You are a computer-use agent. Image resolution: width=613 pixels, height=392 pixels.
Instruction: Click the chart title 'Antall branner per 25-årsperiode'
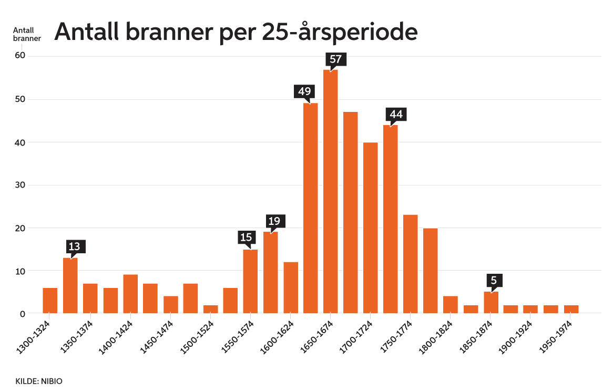tap(236, 33)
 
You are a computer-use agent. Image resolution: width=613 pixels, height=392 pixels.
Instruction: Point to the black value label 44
tap(396, 114)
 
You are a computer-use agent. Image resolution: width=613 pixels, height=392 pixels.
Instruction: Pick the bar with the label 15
tap(250, 282)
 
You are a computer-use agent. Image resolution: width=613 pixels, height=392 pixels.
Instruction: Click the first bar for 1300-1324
tap(50, 301)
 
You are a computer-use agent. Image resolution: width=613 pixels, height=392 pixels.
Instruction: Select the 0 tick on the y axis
tap(22, 314)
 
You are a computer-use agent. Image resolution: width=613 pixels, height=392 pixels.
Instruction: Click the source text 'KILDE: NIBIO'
tap(39, 380)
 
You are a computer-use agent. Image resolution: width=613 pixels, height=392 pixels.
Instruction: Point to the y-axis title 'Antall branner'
tap(27, 34)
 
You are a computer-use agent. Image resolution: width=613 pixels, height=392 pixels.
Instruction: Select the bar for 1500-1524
tap(210, 310)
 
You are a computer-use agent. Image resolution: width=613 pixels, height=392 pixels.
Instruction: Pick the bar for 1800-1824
tap(451, 305)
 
